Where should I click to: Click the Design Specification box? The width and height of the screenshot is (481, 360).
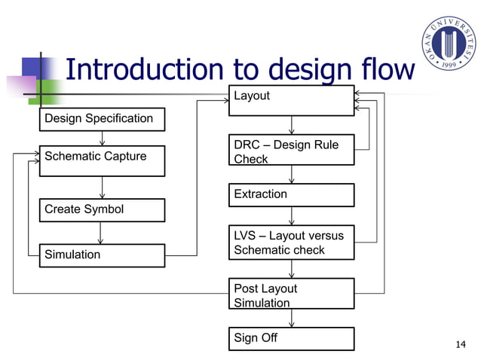point(102,119)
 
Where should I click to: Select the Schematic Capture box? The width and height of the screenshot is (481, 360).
point(102,160)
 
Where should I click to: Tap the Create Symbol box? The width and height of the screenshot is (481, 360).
point(102,210)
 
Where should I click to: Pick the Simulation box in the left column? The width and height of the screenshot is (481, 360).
point(102,255)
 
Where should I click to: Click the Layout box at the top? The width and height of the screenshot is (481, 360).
point(291,100)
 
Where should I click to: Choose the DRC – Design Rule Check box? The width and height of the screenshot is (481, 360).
point(291,151)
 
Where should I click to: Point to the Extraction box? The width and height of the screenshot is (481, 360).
point(291,195)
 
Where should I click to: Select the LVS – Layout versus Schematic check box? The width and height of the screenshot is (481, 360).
point(291,243)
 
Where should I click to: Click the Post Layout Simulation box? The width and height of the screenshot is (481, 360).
point(291,294)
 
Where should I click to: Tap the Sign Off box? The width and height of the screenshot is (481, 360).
point(291,339)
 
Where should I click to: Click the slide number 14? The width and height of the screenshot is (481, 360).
point(461,345)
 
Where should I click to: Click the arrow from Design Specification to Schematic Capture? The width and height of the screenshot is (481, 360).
point(102,138)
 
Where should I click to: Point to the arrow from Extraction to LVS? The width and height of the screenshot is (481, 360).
point(292,216)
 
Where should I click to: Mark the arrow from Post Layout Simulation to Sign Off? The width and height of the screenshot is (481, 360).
point(292,319)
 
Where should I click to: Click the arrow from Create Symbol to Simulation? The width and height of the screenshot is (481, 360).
point(101,233)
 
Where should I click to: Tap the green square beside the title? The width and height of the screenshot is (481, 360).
point(50,90)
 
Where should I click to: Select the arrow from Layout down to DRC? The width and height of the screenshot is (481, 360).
point(292,126)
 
